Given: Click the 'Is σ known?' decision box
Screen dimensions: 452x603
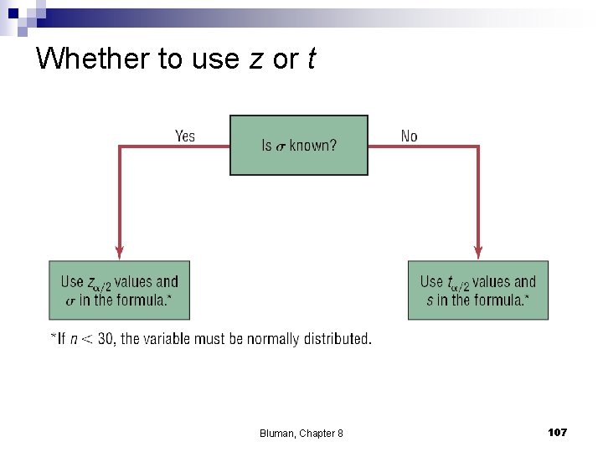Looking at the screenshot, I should coord(299,145).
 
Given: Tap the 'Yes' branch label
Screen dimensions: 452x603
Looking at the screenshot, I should coord(185,136).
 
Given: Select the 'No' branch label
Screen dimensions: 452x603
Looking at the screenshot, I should coord(409,136).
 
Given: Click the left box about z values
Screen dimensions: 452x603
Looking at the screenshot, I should coord(120,290).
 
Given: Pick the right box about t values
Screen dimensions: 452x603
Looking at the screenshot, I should coord(478,290).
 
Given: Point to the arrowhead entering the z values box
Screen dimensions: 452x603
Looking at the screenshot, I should coord(120,250).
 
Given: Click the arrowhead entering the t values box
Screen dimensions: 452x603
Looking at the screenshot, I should coord(478,250).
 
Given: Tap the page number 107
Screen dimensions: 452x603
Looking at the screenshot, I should coord(557,432).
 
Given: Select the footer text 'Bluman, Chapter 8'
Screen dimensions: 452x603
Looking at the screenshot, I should coord(301,433).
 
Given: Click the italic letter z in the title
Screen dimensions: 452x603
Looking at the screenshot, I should coord(256,59).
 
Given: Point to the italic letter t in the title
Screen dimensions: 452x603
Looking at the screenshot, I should coord(311,59).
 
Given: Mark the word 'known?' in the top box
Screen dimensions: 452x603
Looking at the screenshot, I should coord(312,146).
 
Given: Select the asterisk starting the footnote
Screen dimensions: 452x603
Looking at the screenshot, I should coord(53,337).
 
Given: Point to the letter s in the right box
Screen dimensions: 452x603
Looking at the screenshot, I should coord(430,300).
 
